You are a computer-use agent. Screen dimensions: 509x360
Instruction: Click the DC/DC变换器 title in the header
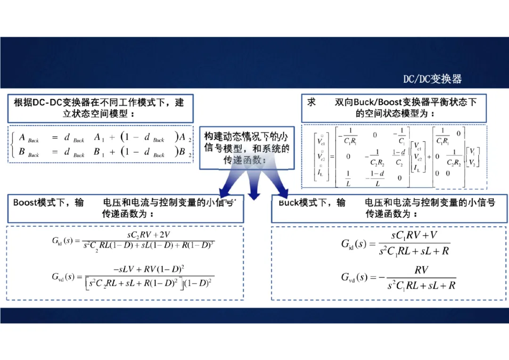click(432, 79)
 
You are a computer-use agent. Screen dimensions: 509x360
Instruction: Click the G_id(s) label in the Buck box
click(353, 244)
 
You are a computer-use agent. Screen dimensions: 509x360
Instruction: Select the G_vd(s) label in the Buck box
click(354, 277)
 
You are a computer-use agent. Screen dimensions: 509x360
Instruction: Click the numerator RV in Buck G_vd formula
click(421, 270)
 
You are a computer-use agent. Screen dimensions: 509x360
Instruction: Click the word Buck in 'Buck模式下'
click(288, 203)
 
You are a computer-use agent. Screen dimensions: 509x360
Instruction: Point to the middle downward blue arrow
click(254, 186)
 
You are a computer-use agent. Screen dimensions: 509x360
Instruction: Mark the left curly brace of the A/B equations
click(14, 145)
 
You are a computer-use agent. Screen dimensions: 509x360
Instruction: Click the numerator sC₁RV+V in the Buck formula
click(415, 235)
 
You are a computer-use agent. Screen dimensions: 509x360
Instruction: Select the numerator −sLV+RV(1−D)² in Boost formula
click(148, 269)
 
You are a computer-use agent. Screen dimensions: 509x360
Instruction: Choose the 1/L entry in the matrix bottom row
click(348, 179)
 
